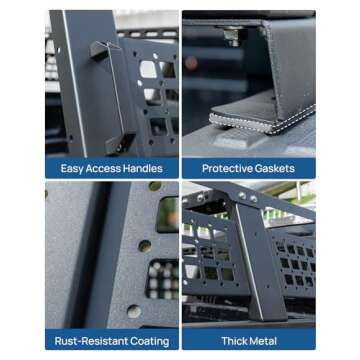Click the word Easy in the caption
(72, 168)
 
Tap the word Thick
(233, 341)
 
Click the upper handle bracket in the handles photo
(101, 50)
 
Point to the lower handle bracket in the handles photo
(119, 144)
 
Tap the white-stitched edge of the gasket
(263, 122)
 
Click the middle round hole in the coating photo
(145, 246)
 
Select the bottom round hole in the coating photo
(134, 311)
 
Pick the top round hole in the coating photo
(155, 186)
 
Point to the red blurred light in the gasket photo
(191, 63)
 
